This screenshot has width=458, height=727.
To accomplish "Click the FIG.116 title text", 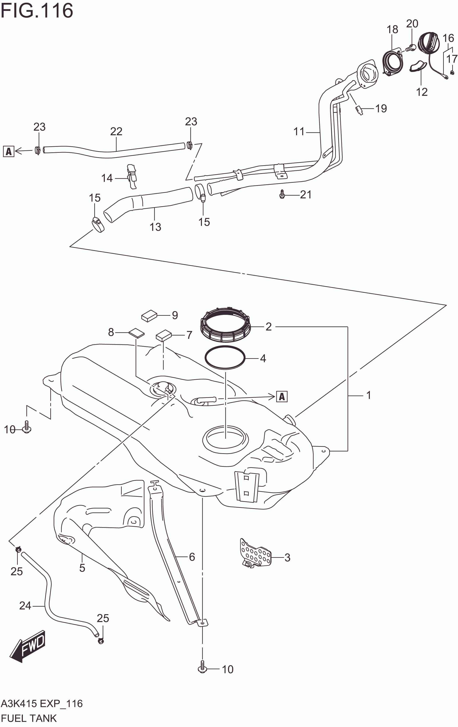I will pyautogui.click(x=37, y=11).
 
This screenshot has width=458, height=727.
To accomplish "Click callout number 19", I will pyautogui.click(x=381, y=108).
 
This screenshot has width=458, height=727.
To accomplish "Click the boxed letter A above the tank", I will pyautogui.click(x=282, y=396).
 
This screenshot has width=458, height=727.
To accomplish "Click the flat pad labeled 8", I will pyautogui.click(x=136, y=333).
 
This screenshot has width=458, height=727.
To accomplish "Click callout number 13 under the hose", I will pyautogui.click(x=155, y=227).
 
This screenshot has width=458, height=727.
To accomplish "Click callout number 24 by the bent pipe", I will pyautogui.click(x=25, y=605).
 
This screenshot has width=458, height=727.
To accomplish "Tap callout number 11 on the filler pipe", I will pyautogui.click(x=299, y=132).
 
